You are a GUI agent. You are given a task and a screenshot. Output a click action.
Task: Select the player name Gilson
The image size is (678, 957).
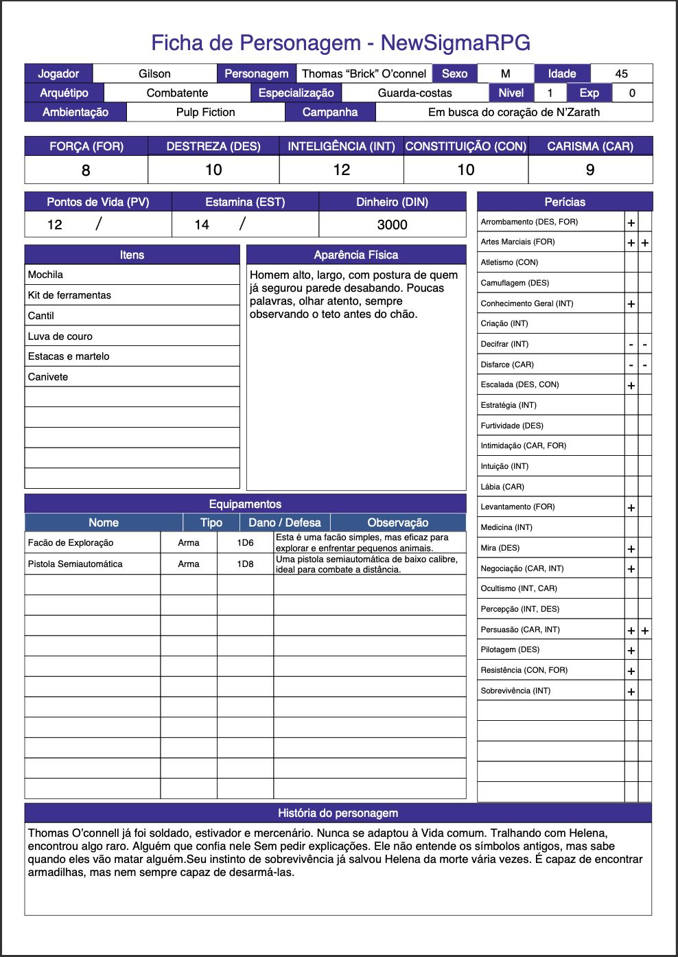(154, 73)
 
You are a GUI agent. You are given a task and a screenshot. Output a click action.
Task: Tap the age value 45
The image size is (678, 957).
(621, 73)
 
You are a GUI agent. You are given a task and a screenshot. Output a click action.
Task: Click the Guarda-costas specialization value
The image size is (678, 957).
(414, 93)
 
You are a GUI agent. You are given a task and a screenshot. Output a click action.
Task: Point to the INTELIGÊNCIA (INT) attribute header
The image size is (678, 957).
(341, 146)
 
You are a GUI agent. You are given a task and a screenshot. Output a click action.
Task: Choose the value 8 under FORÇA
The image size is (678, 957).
(86, 170)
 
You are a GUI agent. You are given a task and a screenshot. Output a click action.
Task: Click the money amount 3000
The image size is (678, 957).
(392, 224)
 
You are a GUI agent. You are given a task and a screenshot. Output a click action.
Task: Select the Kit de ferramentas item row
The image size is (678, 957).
(69, 295)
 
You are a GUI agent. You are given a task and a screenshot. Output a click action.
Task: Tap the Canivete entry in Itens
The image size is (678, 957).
(48, 377)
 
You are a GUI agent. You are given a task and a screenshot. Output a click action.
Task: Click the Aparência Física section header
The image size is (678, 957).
(355, 255)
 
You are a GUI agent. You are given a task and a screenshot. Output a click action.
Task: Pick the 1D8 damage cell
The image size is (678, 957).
(245, 564)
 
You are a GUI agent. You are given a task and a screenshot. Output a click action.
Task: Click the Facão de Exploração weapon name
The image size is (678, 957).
(71, 542)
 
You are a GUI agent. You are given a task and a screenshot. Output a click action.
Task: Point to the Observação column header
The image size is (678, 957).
(397, 522)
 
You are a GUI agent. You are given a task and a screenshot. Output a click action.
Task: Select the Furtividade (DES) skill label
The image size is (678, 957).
(512, 426)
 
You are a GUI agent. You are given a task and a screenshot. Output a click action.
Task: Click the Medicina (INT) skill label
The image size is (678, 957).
(506, 527)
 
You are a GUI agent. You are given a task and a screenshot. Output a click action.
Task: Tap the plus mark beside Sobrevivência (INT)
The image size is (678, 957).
(631, 691)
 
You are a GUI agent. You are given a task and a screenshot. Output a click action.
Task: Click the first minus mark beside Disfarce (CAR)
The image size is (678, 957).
(631, 365)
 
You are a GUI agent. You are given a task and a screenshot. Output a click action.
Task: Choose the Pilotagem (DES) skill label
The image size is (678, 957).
(510, 649)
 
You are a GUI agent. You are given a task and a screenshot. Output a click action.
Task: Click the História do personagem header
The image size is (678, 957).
(338, 813)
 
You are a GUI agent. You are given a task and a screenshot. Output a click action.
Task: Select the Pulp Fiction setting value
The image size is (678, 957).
(205, 112)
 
